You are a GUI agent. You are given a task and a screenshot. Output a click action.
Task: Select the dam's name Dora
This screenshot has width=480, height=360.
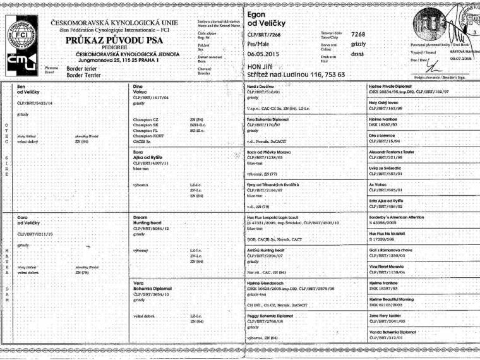tap(23, 217)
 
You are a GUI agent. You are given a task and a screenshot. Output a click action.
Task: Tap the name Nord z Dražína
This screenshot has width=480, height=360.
tap(261, 85)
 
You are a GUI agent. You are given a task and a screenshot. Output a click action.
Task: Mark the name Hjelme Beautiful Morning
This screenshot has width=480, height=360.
tap(396, 299)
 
